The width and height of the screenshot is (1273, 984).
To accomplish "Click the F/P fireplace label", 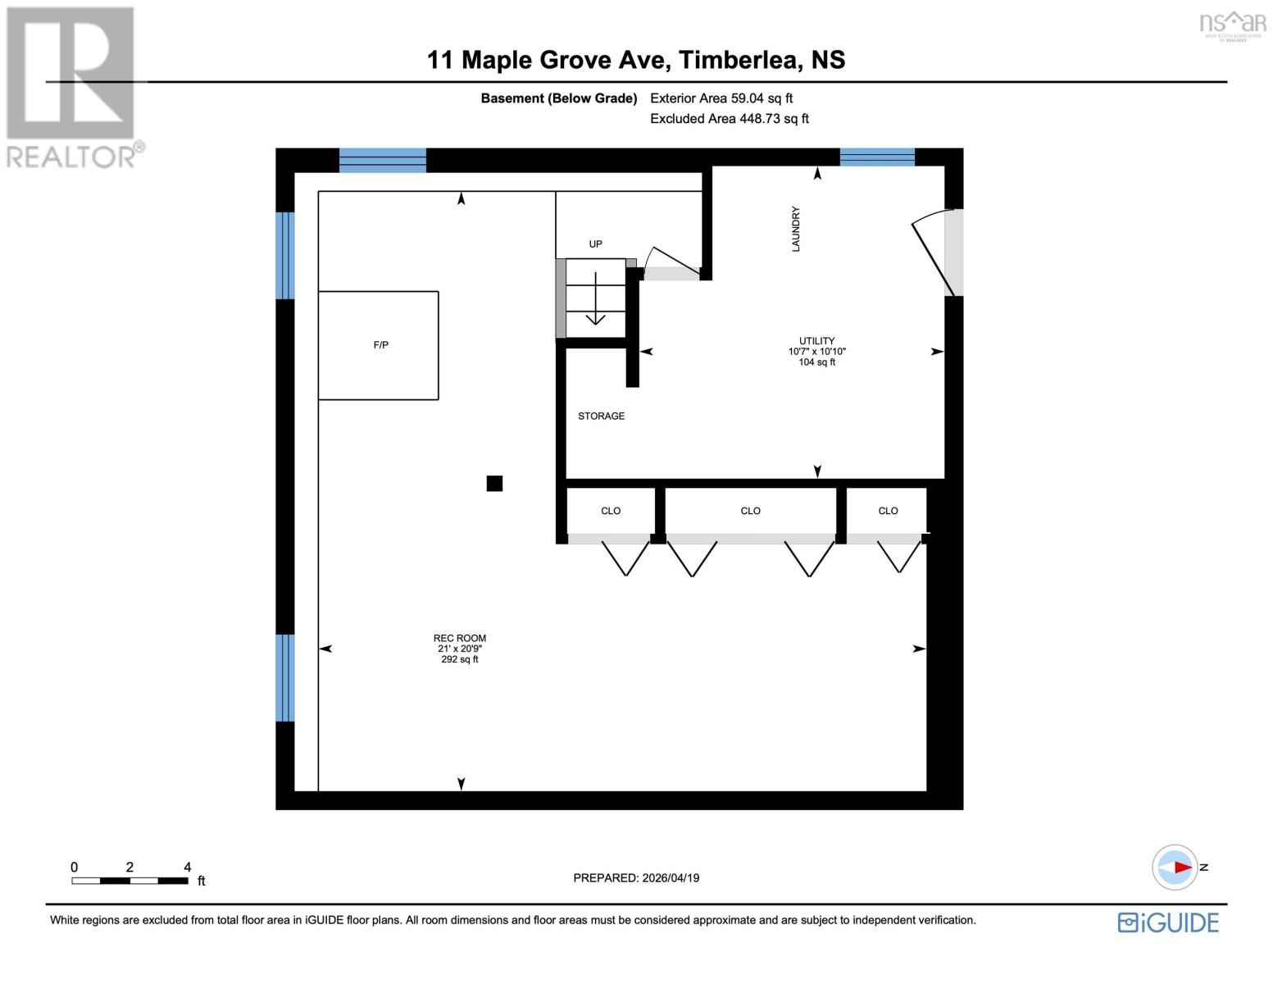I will click(x=380, y=345).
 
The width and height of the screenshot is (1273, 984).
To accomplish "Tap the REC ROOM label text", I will click(x=459, y=638).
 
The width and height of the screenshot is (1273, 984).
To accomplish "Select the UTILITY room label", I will click(x=816, y=341).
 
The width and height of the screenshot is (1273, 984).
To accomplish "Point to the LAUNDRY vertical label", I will click(x=795, y=229).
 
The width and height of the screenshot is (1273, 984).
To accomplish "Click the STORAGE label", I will click(x=601, y=417).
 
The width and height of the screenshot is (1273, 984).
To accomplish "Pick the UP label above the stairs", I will click(x=595, y=244).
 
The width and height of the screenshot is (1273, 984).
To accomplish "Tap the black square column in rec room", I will click(x=494, y=483).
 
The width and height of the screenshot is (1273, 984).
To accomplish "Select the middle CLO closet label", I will click(x=750, y=511).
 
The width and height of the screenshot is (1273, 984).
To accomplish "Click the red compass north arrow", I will click(x=1181, y=867).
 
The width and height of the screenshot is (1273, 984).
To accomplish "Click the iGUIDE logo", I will click(x=1168, y=922).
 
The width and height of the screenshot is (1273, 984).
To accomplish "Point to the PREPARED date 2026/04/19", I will click(x=636, y=878).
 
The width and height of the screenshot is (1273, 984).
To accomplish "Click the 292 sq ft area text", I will click(x=459, y=659).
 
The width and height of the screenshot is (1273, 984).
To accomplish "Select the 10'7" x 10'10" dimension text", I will click(x=816, y=352).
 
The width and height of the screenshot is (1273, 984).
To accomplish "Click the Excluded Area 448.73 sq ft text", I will click(x=729, y=119).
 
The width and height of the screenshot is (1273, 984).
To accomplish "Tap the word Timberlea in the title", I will click(x=740, y=60).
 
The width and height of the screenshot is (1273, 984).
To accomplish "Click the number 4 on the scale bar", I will click(x=188, y=867).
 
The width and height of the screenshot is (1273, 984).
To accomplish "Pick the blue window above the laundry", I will click(x=876, y=157).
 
